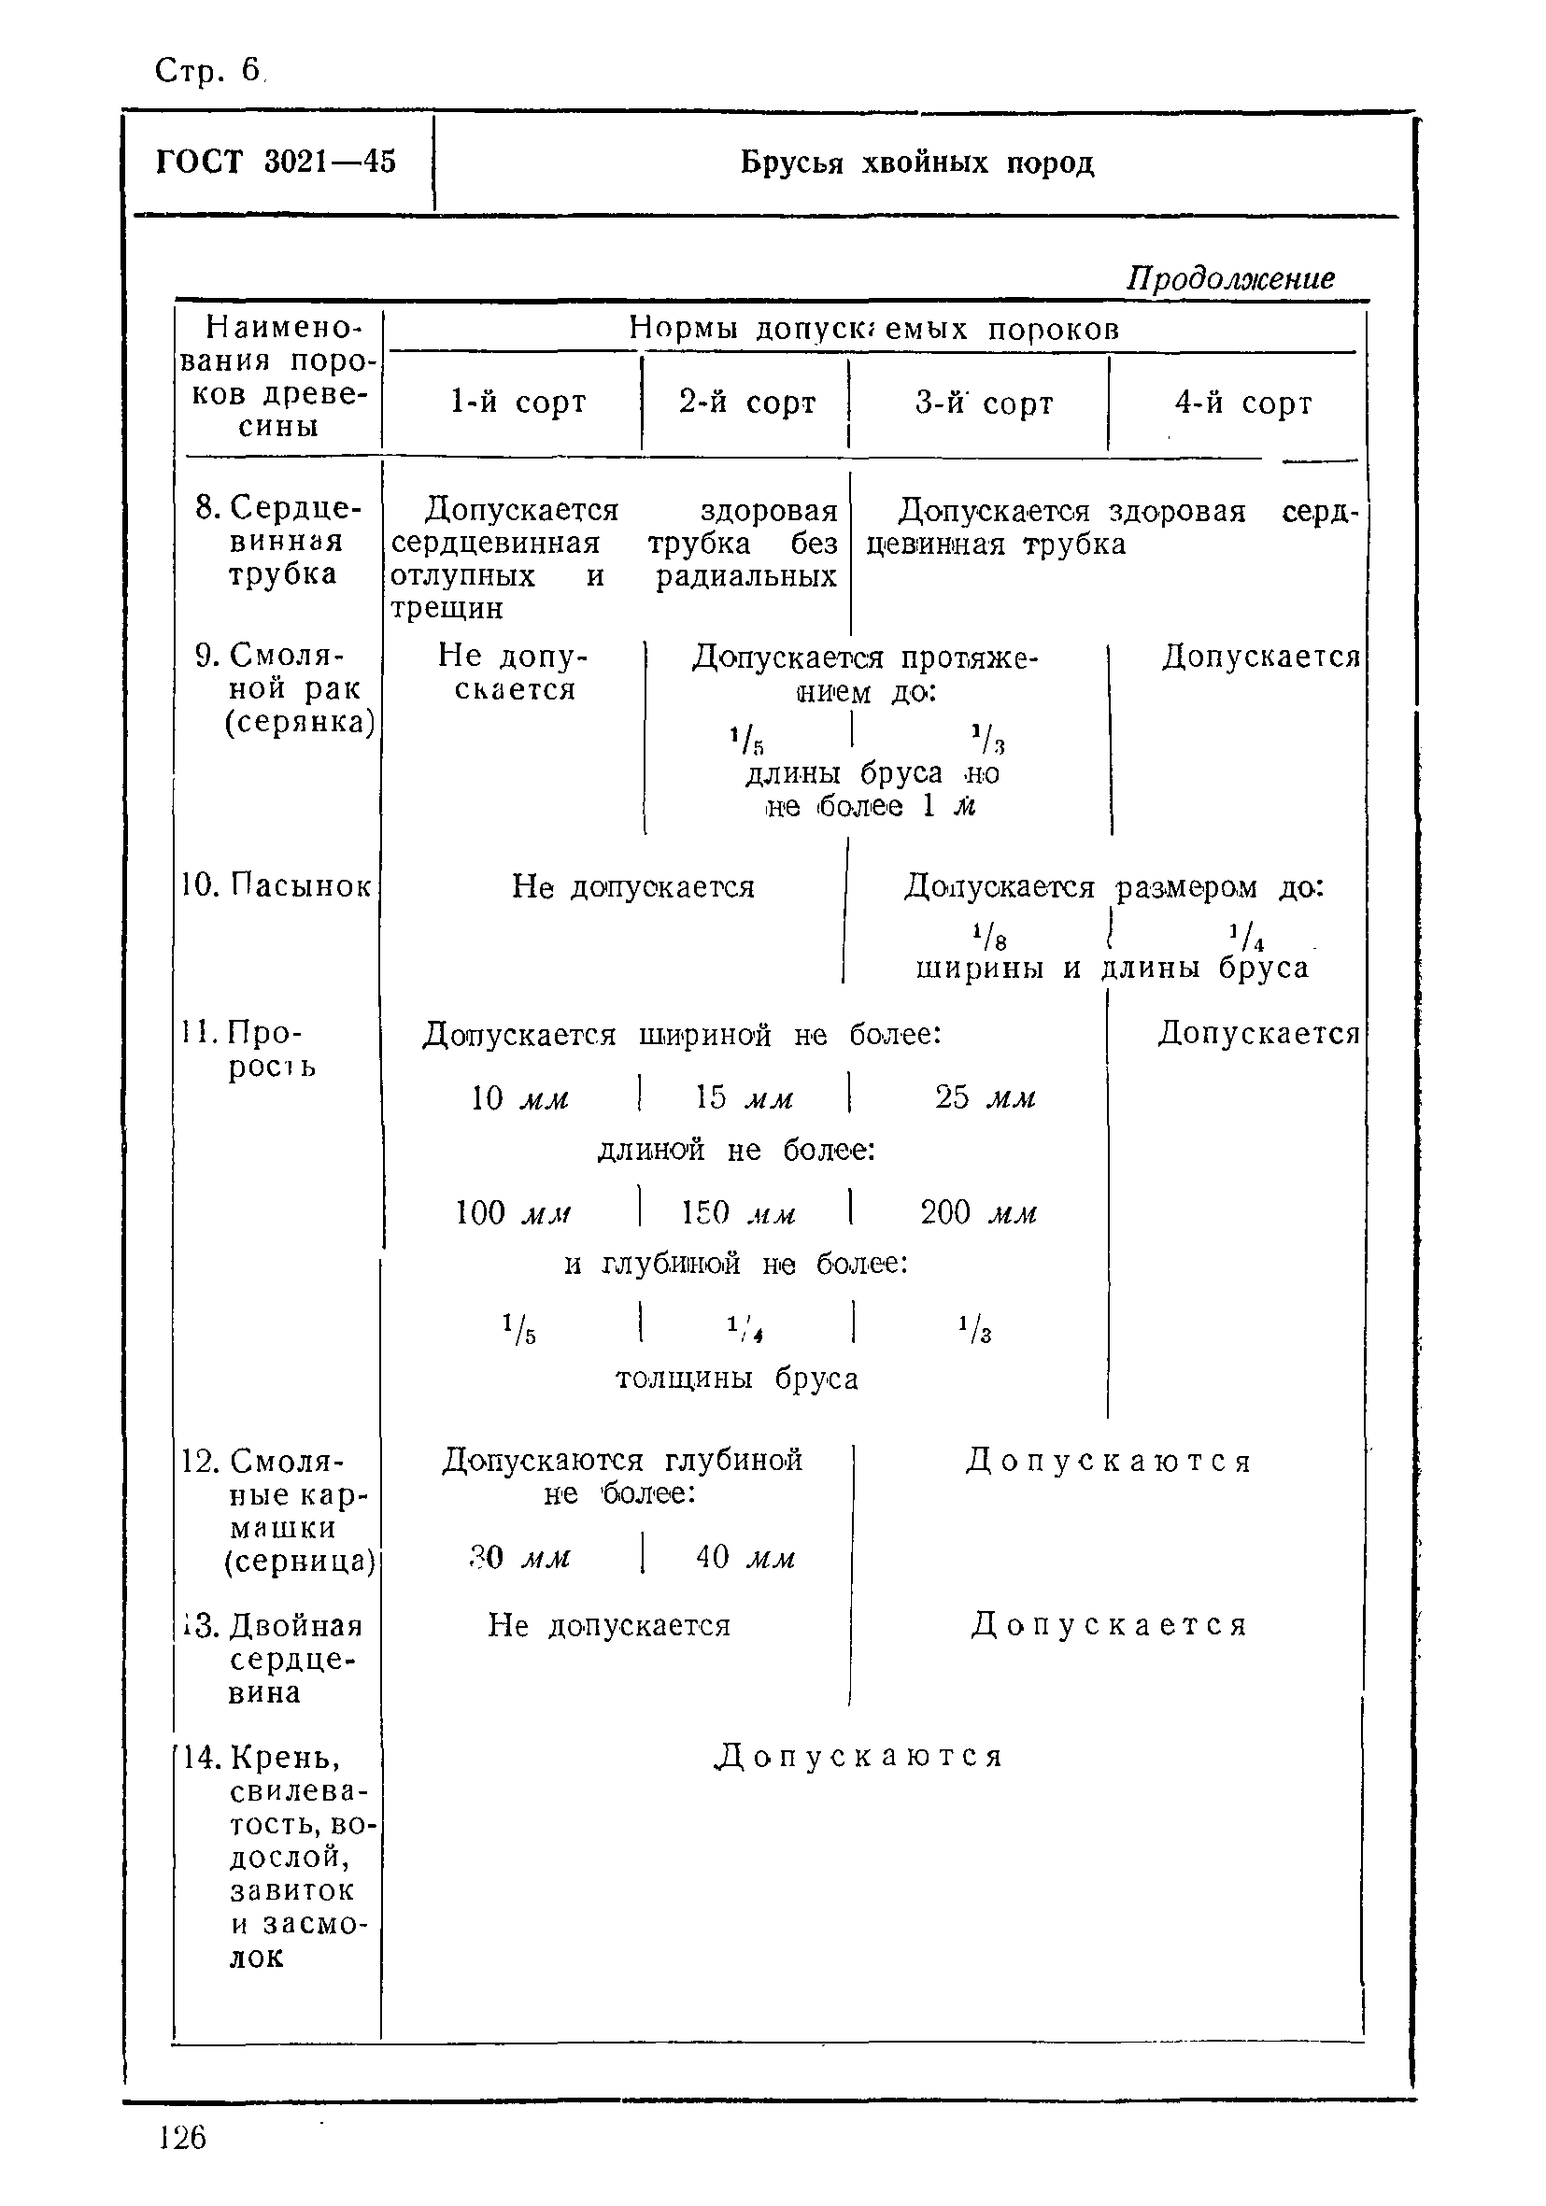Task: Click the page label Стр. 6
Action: point(206,70)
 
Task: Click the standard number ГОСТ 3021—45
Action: point(276,162)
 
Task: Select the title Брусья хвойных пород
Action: point(916,163)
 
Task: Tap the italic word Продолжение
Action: point(1230,278)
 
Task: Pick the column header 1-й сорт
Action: point(518,402)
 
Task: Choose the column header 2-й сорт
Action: point(746,402)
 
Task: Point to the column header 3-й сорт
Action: point(983,403)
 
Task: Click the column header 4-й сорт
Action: point(1242,403)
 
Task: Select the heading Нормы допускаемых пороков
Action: point(873,330)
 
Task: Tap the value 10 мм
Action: point(519,1098)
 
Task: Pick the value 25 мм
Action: point(985,1098)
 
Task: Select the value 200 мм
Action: point(978,1213)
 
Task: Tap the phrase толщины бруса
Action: point(736,1379)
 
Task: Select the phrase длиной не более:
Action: point(736,1150)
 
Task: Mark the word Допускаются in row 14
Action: point(858,1757)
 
